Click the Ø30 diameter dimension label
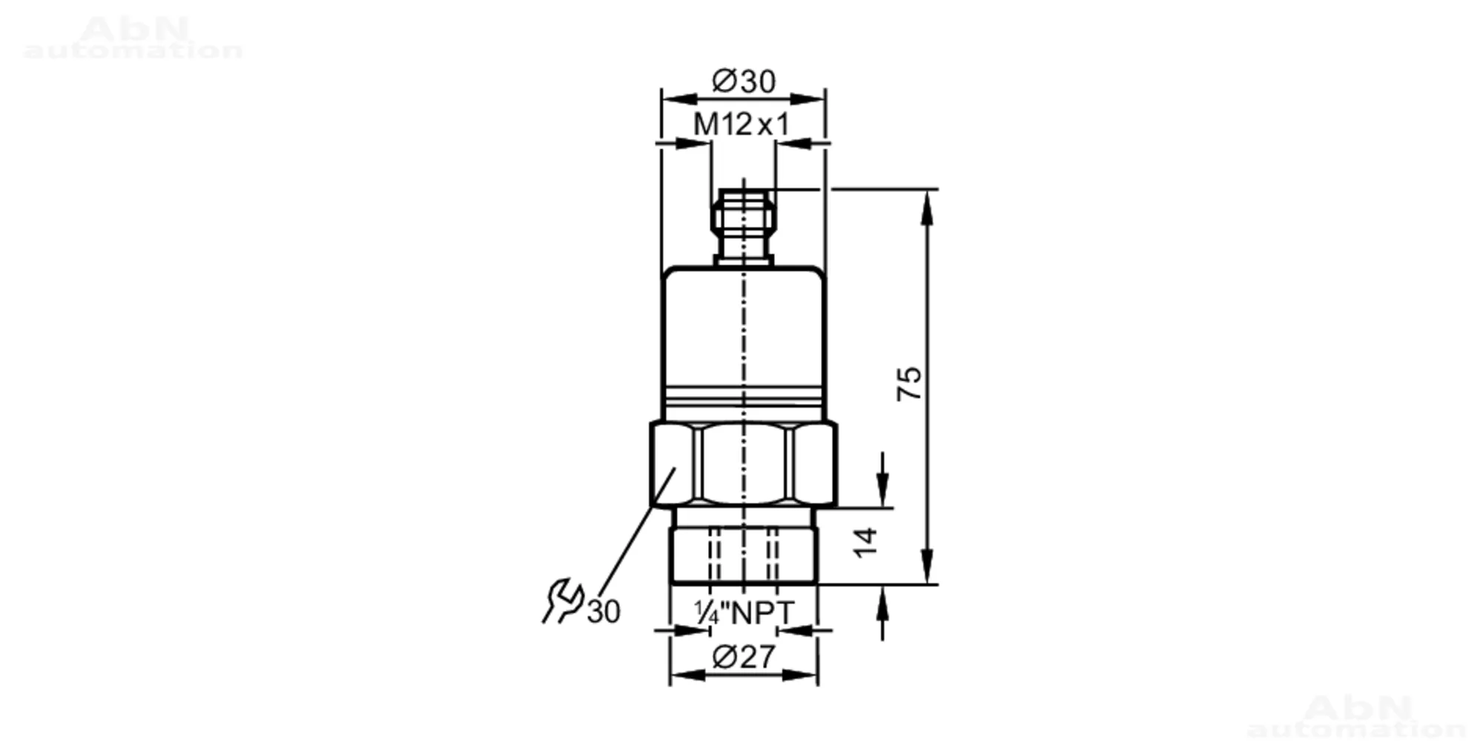click(744, 81)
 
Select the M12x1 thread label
click(741, 125)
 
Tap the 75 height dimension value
click(909, 383)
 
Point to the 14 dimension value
click(865, 542)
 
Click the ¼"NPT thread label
click(744, 612)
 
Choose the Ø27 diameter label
click(744, 657)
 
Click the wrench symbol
click(563, 600)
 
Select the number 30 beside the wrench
click(604, 612)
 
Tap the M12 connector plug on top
click(744, 226)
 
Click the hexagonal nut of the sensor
click(744, 465)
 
